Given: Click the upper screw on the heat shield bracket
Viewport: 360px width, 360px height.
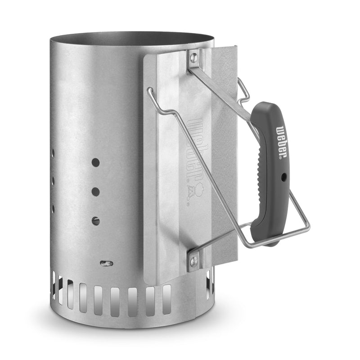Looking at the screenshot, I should click(194, 57).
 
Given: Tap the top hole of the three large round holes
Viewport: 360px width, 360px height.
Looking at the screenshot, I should click(95, 162).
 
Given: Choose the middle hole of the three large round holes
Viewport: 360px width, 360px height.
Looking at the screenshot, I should click(95, 191).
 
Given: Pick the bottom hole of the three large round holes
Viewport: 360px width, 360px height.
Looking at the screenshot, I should click(95, 220).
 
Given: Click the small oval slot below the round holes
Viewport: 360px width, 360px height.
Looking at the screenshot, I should click(106, 263).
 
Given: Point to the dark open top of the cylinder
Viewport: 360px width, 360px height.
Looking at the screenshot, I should click(135, 39).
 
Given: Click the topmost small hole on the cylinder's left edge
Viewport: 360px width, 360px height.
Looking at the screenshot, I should click(53, 153).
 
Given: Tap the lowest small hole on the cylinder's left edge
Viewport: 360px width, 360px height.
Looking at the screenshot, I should click(53, 209).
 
